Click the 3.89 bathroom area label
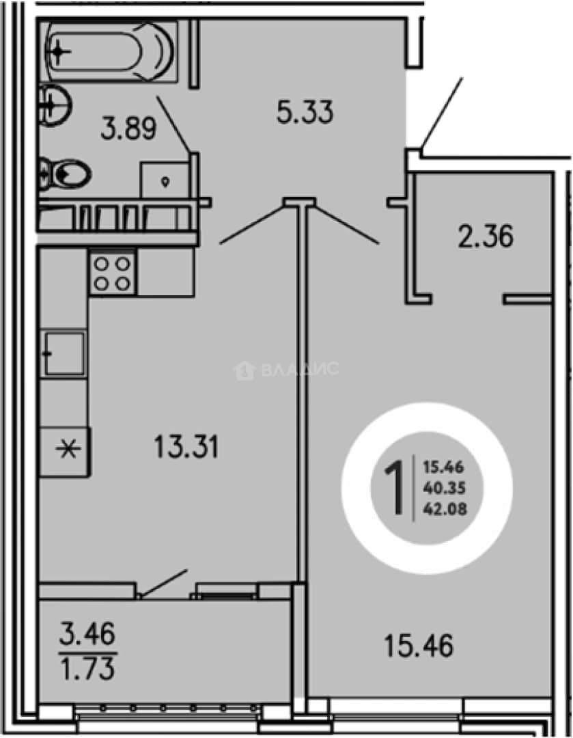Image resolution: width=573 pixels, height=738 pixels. coord(128,128)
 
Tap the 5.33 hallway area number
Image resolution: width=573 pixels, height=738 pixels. coord(305,112)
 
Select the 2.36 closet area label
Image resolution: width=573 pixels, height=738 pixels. coord(486,236)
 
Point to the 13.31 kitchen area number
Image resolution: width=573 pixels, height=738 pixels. coord(186,447)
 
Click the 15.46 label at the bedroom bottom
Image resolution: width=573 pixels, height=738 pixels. coord(419,645)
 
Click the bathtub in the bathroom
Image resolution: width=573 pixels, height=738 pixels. coord(111,51)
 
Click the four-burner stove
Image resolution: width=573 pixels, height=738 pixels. coord(113,272)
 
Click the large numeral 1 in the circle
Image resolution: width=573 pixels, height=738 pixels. coord(394,488)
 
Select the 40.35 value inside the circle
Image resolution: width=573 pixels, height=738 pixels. coord(444,488)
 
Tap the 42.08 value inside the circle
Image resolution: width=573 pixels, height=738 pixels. coord(445,509)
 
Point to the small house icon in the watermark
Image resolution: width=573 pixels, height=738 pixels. coord(244,370)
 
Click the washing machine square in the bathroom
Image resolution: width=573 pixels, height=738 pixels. coord(165,179)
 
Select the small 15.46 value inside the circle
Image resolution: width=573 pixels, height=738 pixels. coord(443,467)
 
